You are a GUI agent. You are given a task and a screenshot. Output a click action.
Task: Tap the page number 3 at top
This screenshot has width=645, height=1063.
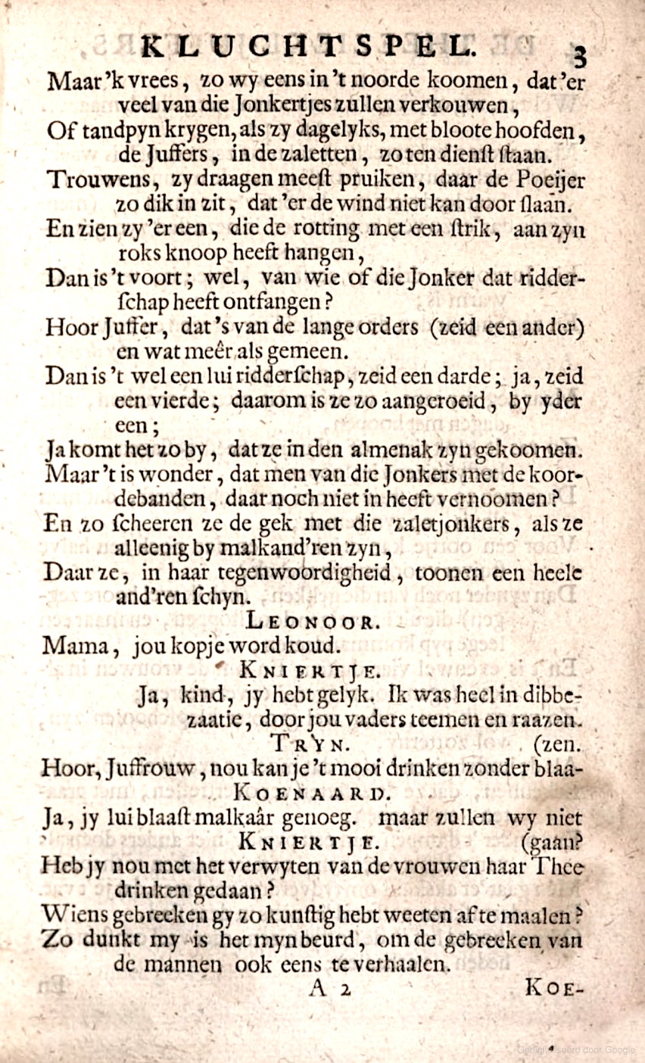pos(581,56)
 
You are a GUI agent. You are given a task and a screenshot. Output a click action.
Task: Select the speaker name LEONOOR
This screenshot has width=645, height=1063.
pos(310,622)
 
